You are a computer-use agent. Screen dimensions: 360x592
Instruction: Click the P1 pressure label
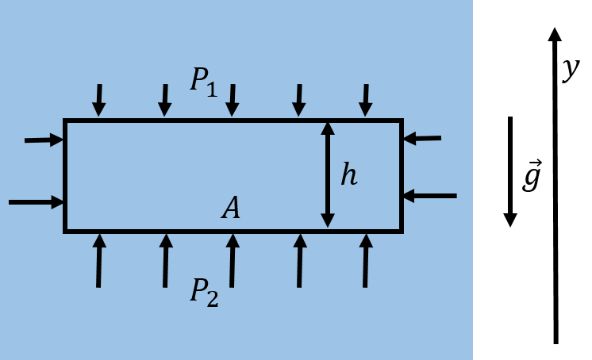coord(203,82)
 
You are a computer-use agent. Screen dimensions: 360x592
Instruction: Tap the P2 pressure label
coord(203,292)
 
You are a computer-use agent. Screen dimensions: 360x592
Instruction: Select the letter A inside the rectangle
coord(231,209)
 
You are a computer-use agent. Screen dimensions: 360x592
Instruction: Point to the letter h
coord(348,175)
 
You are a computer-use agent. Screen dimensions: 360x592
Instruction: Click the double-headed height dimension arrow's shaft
coord(328,175)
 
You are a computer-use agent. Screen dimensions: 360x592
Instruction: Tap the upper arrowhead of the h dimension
coord(328,128)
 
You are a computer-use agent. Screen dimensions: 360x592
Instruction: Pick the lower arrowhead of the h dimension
coord(328,220)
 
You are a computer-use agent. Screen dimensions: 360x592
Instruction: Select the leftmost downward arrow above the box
coord(98,101)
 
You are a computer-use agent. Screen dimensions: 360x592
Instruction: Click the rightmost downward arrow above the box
coord(365,101)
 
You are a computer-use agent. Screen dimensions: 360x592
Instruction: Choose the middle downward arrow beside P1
coord(232,101)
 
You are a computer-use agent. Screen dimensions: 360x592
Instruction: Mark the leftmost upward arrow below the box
coord(98,260)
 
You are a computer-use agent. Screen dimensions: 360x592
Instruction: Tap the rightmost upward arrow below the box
coord(365,260)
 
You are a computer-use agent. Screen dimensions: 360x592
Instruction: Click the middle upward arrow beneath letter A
coord(232,260)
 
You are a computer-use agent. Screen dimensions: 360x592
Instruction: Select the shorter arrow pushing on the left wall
coord(44,140)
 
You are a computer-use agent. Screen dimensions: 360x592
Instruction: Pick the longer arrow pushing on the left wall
coord(36,202)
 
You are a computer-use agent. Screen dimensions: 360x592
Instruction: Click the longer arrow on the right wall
coord(429,196)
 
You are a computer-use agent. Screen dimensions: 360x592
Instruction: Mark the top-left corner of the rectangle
coord(65,121)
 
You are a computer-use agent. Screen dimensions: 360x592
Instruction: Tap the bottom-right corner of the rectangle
coord(402,232)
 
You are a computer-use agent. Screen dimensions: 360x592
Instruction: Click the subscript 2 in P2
coord(212,299)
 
